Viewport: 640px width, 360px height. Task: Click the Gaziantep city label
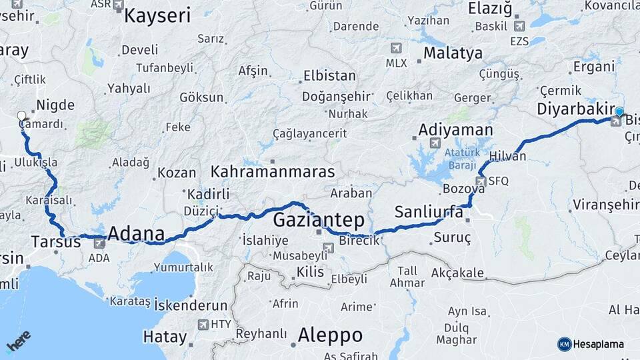[319, 219]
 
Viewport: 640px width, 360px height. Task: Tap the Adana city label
[135, 233]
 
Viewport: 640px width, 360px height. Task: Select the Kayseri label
[157, 15]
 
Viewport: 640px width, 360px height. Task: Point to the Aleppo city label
[330, 334]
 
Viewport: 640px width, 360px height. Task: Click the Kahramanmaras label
[273, 171]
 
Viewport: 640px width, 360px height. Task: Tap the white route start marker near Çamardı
[22, 115]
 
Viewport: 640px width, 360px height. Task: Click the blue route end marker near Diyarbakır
[619, 112]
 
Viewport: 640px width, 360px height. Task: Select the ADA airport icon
[99, 243]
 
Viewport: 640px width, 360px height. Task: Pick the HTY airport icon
[203, 325]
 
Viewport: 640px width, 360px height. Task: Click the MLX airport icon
[397, 49]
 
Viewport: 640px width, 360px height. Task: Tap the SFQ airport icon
[481, 181]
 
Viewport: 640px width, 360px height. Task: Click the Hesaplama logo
[591, 344]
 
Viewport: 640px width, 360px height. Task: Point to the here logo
[19, 341]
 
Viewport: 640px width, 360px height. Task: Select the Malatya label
[453, 53]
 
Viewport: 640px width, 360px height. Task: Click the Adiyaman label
[456, 129]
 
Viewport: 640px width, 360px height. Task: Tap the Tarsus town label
[55, 241]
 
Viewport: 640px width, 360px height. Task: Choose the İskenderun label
[191, 305]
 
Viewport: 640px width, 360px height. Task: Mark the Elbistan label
[331, 75]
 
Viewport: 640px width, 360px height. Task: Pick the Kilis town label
[309, 272]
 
